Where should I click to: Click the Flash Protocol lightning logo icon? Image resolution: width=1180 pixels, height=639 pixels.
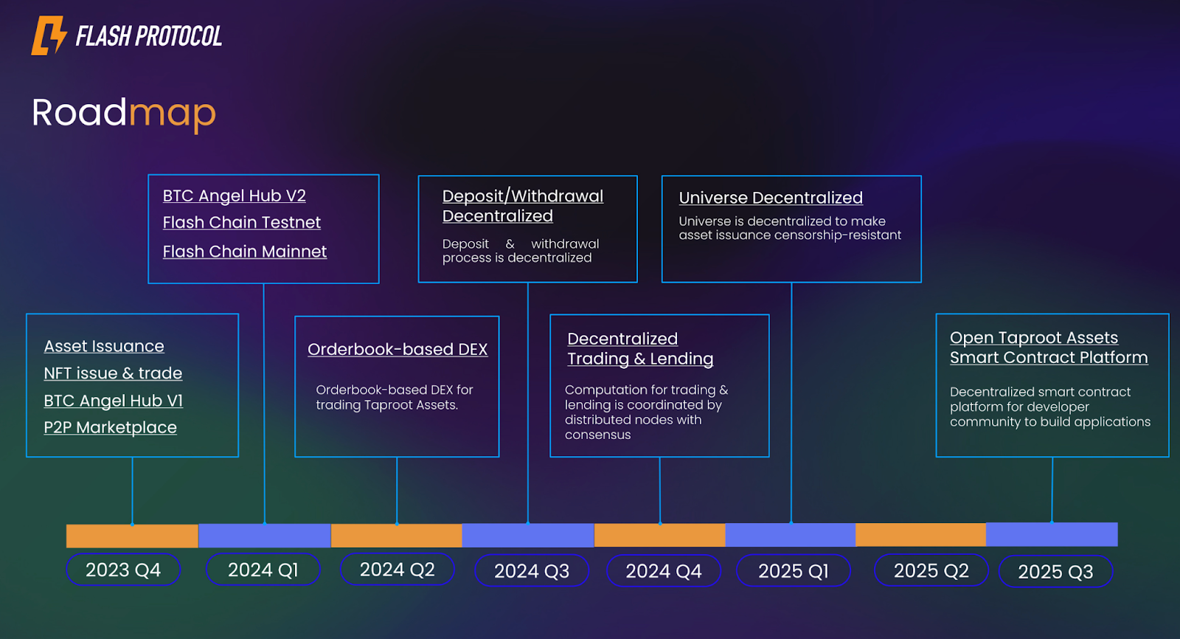(49, 35)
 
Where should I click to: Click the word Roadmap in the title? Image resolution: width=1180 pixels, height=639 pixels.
(124, 113)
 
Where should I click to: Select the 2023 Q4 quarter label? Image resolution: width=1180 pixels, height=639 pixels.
(123, 570)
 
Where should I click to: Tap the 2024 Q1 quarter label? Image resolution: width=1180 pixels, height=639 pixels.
(263, 570)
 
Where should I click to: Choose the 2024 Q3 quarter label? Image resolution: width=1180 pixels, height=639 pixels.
(532, 571)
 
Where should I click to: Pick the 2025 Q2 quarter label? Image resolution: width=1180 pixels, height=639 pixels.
(931, 570)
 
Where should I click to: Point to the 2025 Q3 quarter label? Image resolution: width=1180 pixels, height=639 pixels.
(1055, 572)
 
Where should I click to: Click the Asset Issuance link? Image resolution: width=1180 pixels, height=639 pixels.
(104, 346)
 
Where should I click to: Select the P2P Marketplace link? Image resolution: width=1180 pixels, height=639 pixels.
(111, 427)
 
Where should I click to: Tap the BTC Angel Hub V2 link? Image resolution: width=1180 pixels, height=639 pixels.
(235, 196)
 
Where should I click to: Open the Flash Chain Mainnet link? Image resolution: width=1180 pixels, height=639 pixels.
(245, 252)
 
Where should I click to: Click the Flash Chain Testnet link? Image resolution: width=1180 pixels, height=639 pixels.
(242, 222)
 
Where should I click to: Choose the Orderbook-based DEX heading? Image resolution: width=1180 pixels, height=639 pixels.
(398, 349)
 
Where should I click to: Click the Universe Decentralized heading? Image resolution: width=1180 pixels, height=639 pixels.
(771, 198)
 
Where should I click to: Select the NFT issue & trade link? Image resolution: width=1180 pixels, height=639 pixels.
(113, 373)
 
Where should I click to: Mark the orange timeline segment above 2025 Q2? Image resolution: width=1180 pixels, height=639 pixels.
(920, 535)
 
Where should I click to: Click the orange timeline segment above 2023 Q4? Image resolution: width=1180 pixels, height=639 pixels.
(132, 536)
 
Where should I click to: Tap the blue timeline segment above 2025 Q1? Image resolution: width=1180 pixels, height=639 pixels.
(791, 535)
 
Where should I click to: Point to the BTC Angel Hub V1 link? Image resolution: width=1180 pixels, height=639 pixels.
(114, 401)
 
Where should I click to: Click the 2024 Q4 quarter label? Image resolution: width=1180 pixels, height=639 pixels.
(664, 571)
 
